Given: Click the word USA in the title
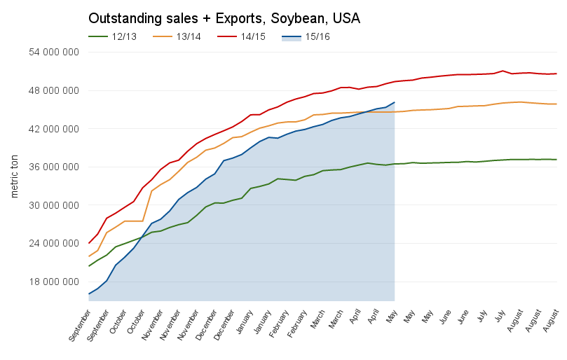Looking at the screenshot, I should (x=346, y=18).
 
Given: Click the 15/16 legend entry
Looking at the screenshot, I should (x=317, y=36).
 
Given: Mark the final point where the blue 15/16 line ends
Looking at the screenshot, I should (x=395, y=102).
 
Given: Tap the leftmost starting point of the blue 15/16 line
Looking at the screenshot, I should (x=89, y=294).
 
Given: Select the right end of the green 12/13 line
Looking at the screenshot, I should (x=556, y=160).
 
